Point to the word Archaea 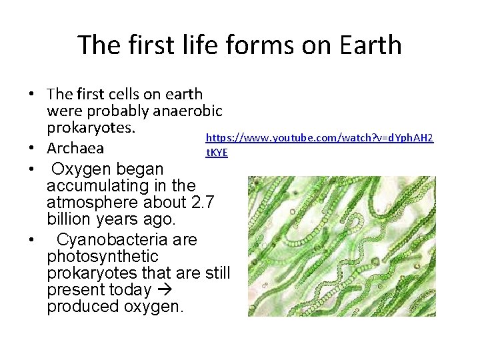(75, 147)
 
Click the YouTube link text (319, 138)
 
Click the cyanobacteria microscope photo (341, 246)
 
